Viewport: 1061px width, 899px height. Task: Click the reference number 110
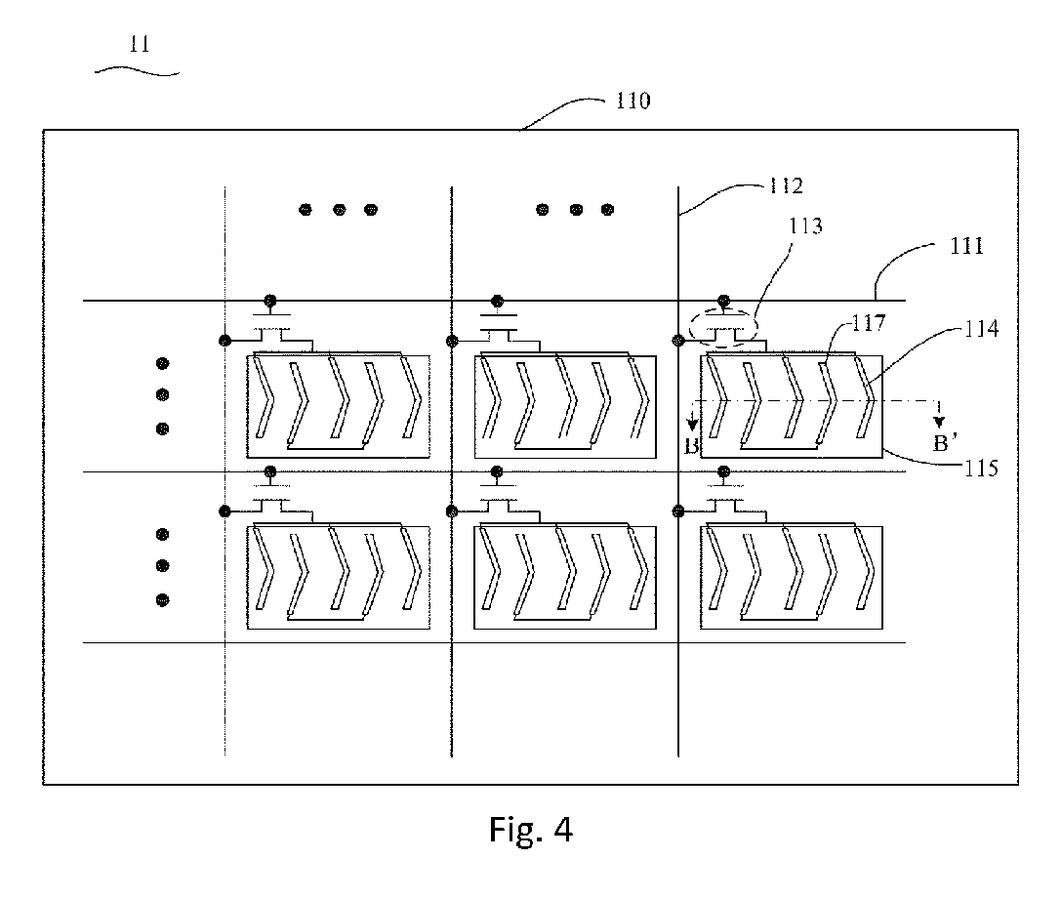[x=633, y=101]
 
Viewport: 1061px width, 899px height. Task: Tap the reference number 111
[x=966, y=246]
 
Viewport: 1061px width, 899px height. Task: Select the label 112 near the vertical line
[x=786, y=186]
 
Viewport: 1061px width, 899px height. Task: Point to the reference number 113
[x=805, y=225]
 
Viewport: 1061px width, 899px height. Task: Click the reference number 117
[x=868, y=323]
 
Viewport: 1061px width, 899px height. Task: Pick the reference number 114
[x=981, y=329]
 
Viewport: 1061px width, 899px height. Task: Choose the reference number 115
[x=981, y=469]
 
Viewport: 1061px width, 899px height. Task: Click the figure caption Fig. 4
[x=531, y=829]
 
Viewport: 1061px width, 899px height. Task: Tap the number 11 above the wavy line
[x=140, y=45]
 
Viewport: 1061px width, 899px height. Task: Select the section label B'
[x=945, y=444]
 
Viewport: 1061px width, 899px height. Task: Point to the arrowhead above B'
[x=939, y=422]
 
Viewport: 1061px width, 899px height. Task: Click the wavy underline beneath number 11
[x=138, y=69]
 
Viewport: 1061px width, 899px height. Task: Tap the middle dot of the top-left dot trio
[x=340, y=211]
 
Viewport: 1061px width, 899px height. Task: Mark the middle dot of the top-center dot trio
[x=577, y=211]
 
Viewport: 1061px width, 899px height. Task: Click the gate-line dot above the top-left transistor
[x=270, y=301]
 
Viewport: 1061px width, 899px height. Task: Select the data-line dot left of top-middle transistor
[x=452, y=341]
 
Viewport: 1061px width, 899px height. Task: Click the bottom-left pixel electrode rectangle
[x=247, y=578]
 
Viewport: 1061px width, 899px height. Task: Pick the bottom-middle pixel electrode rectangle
[x=473, y=578]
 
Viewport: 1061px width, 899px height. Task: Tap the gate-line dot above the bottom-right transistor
[x=723, y=471]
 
